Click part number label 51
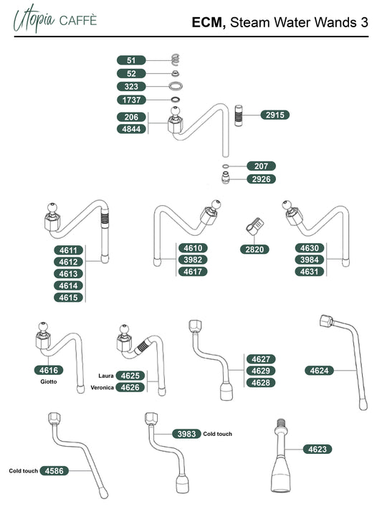tap(131, 60)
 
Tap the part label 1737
tap(131, 100)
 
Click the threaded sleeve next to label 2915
tap(239, 115)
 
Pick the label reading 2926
tap(261, 179)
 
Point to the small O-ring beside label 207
tap(226, 166)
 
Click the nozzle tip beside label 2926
tap(226, 178)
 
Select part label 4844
tap(131, 129)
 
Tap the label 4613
tap(68, 274)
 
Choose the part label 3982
tap(193, 260)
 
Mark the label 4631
tap(309, 271)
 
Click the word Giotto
tap(49, 381)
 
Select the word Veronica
tap(102, 387)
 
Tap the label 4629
tap(261, 371)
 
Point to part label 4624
tap(319, 371)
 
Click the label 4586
tap(54, 471)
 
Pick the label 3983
tap(186, 434)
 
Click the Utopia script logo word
tap(34, 19)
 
